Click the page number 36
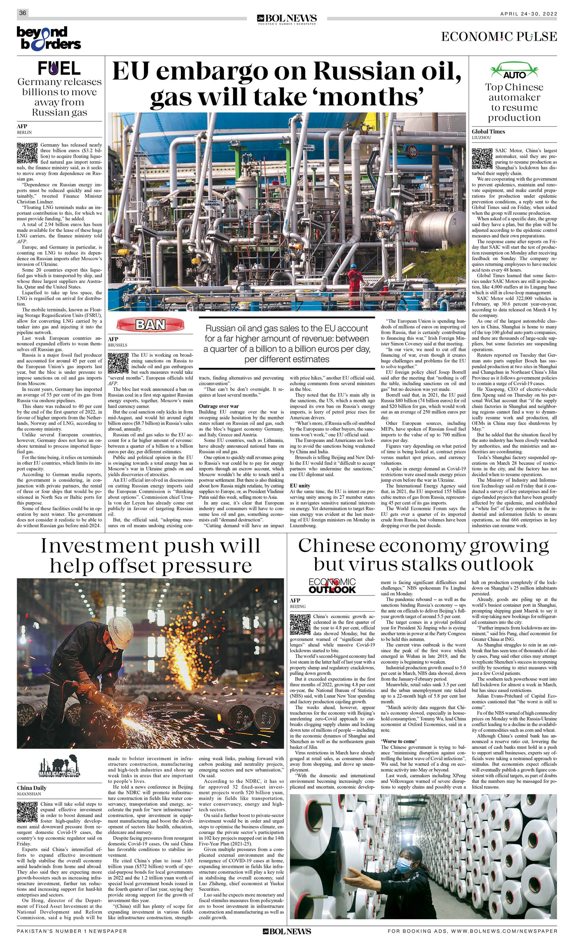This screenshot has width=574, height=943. click(x=22, y=13)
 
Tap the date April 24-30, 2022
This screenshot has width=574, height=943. click(x=528, y=14)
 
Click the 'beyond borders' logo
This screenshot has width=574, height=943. click(x=49, y=38)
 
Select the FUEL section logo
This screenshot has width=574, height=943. click(x=59, y=69)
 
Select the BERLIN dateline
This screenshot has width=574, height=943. click(x=24, y=132)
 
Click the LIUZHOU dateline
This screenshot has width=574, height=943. click(x=482, y=137)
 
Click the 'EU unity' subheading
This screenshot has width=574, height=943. click(x=300, y=486)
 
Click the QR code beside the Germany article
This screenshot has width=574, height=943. click(x=27, y=153)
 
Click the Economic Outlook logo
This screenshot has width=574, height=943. click(x=332, y=586)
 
